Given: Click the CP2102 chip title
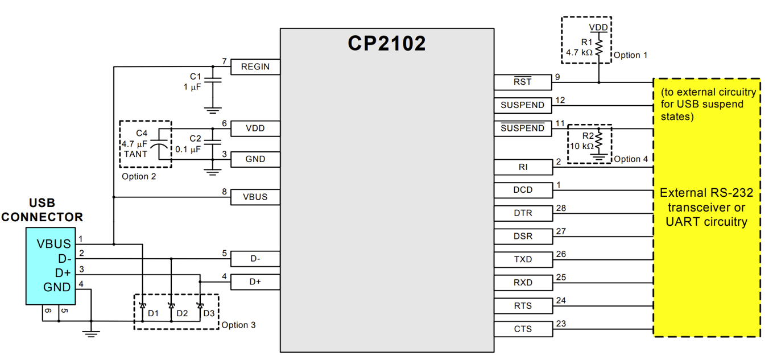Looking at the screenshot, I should (387, 44).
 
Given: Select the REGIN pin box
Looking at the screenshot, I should (255, 67).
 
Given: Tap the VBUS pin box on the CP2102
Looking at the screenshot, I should (255, 197).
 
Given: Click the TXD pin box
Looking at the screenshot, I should (523, 259).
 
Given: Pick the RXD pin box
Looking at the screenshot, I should (523, 283).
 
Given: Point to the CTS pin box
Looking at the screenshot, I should (523, 329).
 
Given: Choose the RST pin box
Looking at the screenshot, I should (523, 82).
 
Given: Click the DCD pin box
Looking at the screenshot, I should (523, 190).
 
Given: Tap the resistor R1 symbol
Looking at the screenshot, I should (598, 46).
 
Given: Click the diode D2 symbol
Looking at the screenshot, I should (171, 306).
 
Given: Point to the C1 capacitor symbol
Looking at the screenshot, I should (213, 81).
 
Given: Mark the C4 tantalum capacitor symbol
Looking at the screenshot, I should (163, 144).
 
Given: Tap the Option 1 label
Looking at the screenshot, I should (630, 55).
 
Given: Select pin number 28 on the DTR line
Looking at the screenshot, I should (561, 209).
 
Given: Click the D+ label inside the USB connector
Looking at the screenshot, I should (63, 272).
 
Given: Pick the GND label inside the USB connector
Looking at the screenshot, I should (57, 287).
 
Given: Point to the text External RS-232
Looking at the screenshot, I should (706, 193).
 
